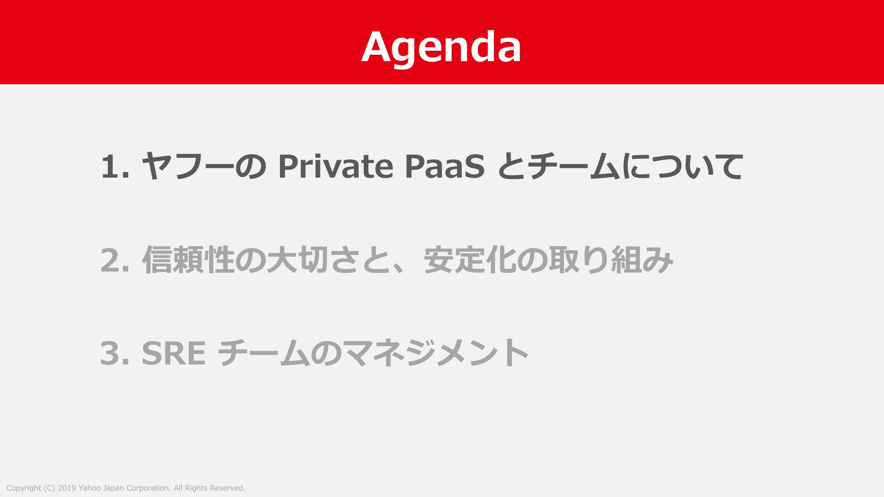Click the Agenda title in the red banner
pos(441,47)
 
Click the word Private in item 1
pos(335,166)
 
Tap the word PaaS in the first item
pos(445,166)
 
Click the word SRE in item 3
pos(174,353)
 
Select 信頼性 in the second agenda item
pos(188,260)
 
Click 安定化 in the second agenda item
pos(470,260)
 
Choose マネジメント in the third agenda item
pos(436,353)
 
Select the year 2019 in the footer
pos(67,488)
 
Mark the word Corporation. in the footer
pos(149,488)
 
